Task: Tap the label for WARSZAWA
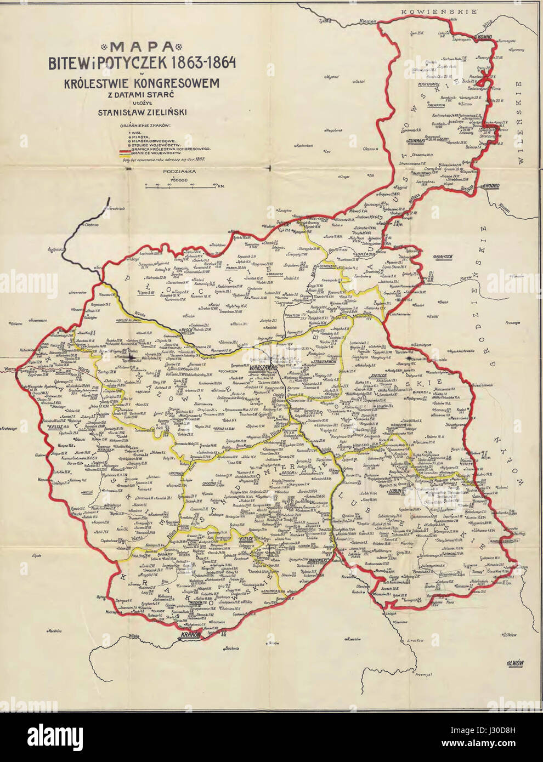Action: point(263,369)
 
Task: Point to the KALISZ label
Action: point(56,425)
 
